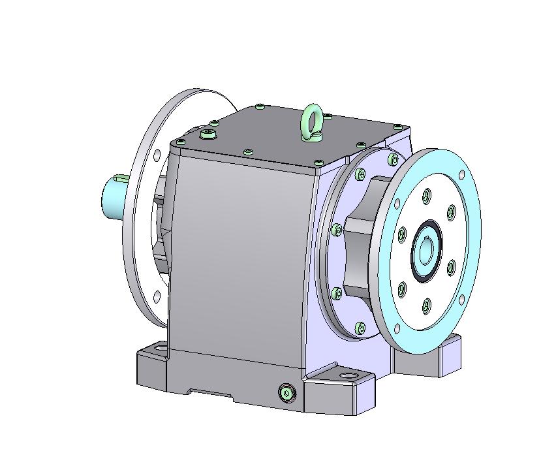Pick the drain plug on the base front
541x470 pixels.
tap(286, 392)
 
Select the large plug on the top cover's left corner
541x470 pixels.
tap(208, 134)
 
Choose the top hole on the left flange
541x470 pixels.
tap(157, 155)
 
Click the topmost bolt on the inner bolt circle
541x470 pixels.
tap(426, 195)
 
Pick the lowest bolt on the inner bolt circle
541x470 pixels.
tap(426, 304)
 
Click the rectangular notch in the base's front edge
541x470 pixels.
tap(210, 394)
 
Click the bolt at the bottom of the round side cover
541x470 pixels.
tap(361, 326)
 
